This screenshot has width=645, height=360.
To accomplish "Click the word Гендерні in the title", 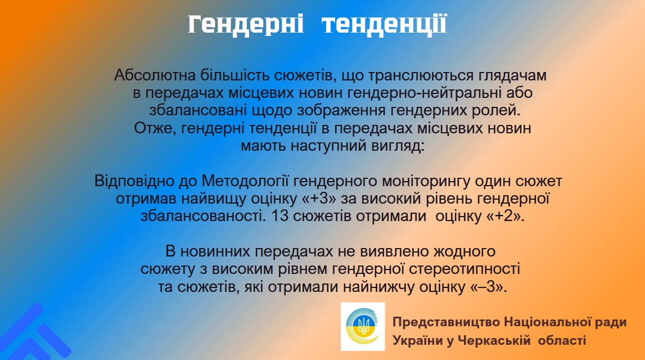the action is click(x=246, y=24).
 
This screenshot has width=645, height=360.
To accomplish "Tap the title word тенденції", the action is click(x=384, y=24).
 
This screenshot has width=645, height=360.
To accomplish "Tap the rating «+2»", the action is click(x=506, y=217).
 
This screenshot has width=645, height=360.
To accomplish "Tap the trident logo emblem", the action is click(x=363, y=327).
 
